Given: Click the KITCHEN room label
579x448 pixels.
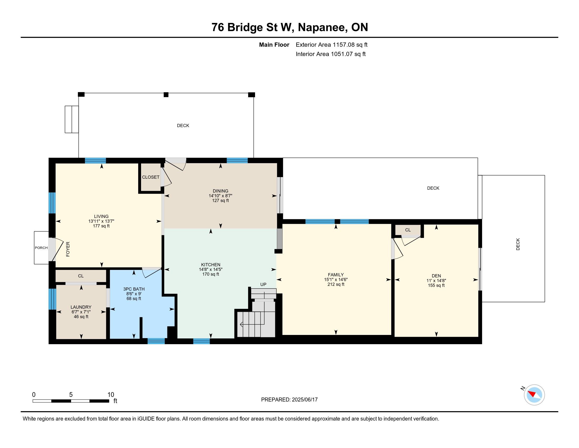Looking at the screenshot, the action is click(x=211, y=265).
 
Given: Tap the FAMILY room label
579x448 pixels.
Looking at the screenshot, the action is click(x=336, y=275).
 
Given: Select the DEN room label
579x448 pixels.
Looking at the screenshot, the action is click(x=436, y=276).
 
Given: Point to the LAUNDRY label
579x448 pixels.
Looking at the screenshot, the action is click(x=81, y=307).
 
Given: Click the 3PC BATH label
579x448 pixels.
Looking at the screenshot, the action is click(x=134, y=289).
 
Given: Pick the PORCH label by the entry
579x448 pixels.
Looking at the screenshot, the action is click(x=41, y=248).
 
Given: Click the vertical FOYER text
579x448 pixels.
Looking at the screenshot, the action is click(x=68, y=249).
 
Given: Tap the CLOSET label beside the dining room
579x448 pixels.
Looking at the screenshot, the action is click(x=151, y=177).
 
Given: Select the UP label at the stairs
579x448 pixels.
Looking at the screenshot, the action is click(x=263, y=284).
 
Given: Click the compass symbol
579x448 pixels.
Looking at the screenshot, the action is click(x=534, y=395).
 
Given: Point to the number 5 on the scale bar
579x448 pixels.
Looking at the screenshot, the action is click(x=71, y=395).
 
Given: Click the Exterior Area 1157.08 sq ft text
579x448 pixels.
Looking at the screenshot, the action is click(x=331, y=45).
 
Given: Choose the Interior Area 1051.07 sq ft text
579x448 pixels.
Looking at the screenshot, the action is click(x=331, y=54).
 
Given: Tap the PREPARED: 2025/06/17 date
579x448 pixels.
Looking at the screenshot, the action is click(x=289, y=400).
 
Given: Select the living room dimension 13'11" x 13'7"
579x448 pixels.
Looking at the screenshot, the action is click(x=101, y=221).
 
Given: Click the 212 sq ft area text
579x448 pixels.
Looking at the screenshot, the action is click(x=336, y=284).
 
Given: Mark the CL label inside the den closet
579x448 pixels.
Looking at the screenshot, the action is click(x=408, y=230).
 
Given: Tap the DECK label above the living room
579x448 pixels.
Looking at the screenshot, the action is click(x=183, y=125).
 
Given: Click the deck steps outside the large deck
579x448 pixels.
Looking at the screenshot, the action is click(x=72, y=119).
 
